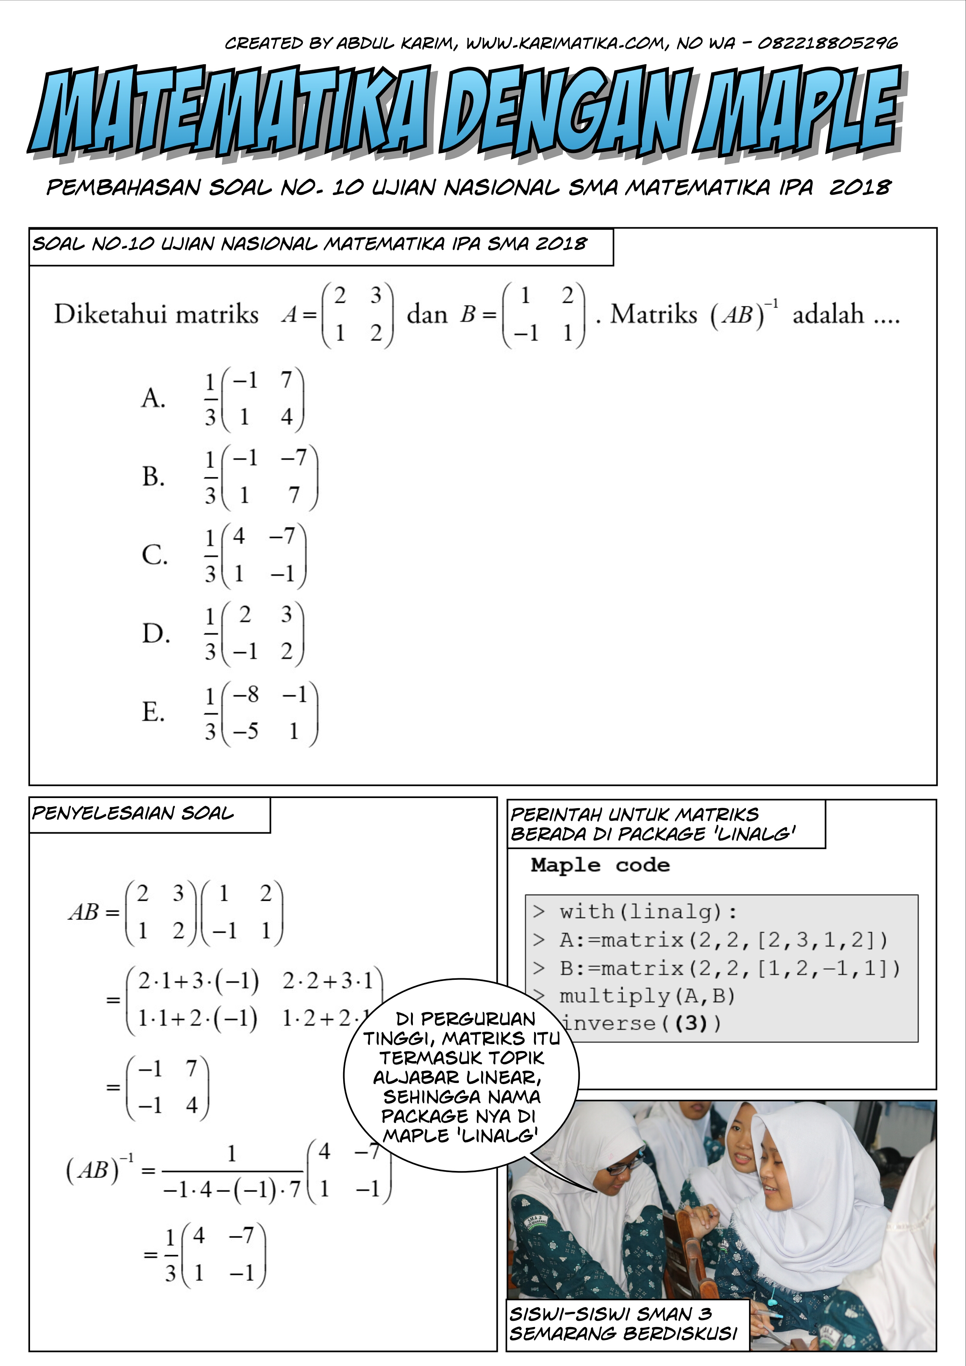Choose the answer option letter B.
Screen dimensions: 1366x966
tap(153, 476)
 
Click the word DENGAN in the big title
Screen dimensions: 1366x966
tap(566, 110)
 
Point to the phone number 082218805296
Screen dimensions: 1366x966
tap(827, 43)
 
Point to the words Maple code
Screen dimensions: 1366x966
tap(600, 865)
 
